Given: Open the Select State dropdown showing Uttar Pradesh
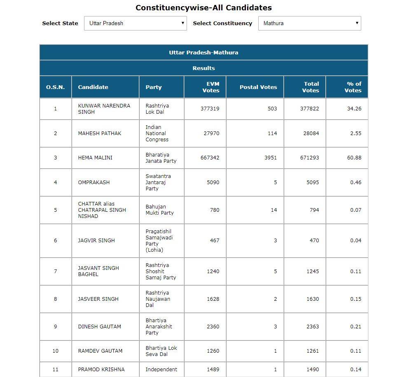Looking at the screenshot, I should pos(135,23).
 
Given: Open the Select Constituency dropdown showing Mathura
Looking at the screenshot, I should pos(309,23).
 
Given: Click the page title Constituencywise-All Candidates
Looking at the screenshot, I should pos(203,8).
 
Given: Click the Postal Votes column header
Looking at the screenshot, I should pos(258,87).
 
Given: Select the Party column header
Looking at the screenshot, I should pos(154,87).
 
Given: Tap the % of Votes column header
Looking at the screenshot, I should pos(353,87).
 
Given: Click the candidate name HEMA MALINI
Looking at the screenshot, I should pos(95,158).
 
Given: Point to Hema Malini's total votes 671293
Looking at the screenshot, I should pos(309,158).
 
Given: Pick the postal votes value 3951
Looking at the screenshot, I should pos(270,158).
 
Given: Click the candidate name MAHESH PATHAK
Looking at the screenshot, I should pos(100,133).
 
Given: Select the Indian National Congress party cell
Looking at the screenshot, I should pos(157,133).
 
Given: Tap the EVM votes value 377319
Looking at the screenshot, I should pos(210,109).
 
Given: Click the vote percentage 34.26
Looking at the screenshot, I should pos(354,109).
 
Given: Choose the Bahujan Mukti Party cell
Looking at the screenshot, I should pos(160,210).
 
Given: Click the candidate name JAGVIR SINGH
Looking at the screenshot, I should pos(96,240).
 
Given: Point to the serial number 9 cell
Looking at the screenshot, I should pos(56,326).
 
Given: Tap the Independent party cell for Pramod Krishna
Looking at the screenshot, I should pos(161,370).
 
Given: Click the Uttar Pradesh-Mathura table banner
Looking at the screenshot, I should pos(203,52).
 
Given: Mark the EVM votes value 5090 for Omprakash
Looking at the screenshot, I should pos(213,182).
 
